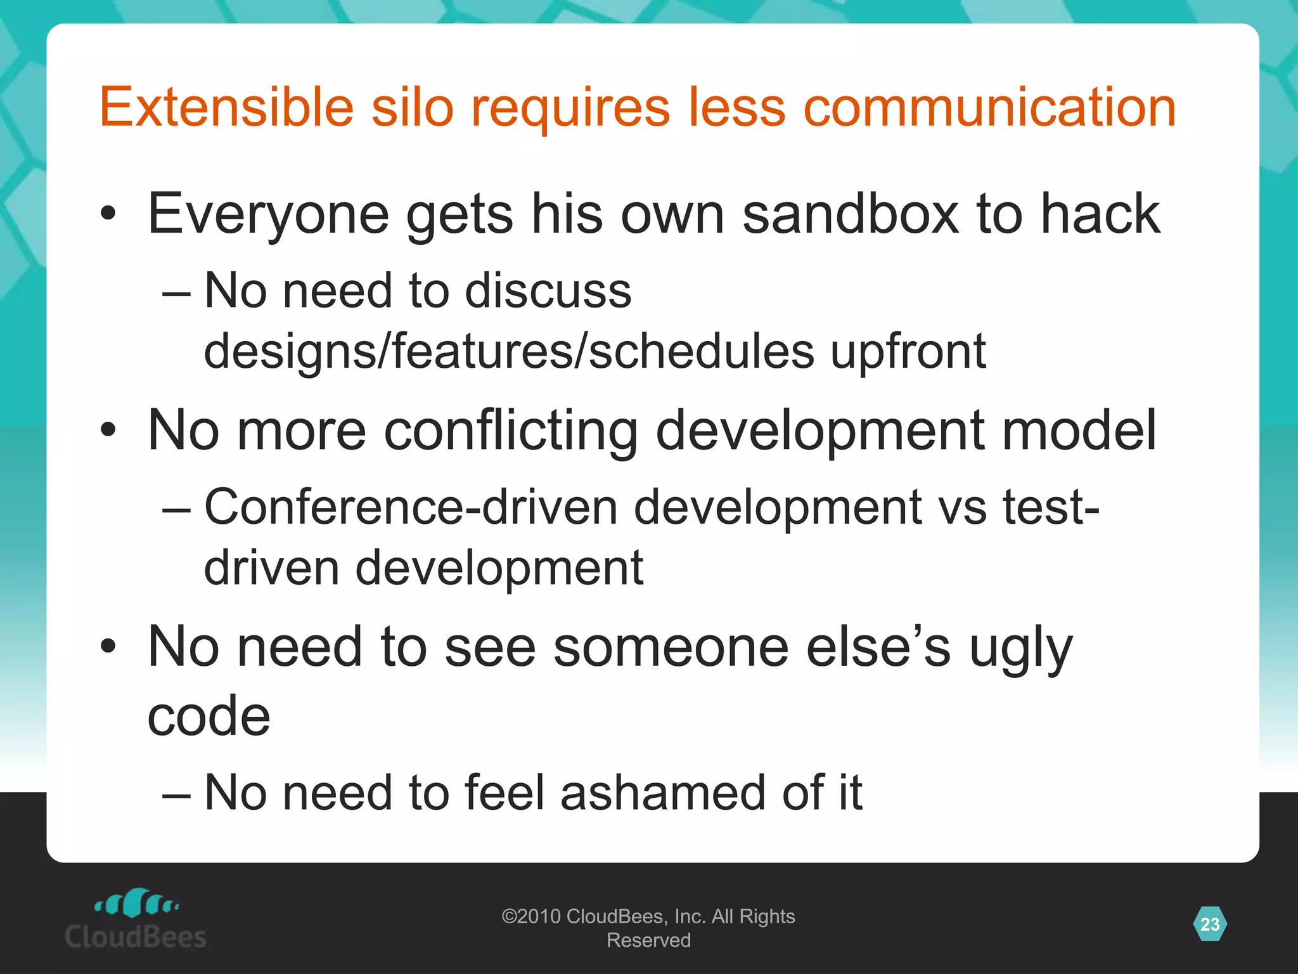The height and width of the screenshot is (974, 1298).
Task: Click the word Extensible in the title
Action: pyautogui.click(x=226, y=107)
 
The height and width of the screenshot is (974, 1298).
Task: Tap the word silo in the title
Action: pyautogui.click(x=413, y=107)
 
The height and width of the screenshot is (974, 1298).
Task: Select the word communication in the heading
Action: pyautogui.click(x=989, y=107)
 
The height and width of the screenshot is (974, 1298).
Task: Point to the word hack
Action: pyautogui.click(x=1100, y=214)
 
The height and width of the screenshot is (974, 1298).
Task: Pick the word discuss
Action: pyautogui.click(x=548, y=290)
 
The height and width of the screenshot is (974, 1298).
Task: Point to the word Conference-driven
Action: pyautogui.click(x=411, y=507)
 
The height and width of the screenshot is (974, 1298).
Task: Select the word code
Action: pyautogui.click(x=209, y=716)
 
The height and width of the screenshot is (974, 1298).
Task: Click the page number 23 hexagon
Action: pyautogui.click(x=1210, y=924)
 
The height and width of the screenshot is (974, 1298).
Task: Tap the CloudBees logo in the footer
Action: pyautogui.click(x=136, y=919)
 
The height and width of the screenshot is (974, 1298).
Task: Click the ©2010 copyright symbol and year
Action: pyautogui.click(x=530, y=916)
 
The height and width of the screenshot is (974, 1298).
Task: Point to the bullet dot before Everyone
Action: pyautogui.click(x=108, y=214)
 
